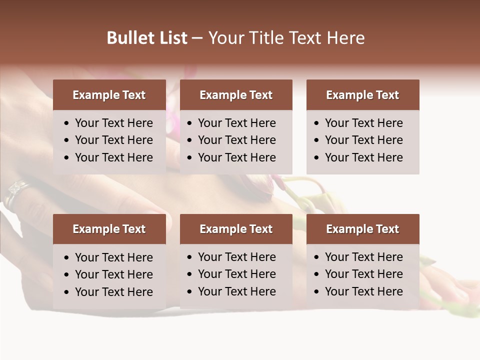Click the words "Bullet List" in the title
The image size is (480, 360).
tap(147, 38)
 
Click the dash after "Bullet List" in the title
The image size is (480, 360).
tap(197, 38)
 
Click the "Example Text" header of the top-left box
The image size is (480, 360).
tap(109, 95)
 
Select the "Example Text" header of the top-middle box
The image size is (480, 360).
tap(236, 95)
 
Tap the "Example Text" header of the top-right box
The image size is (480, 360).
tap(362, 95)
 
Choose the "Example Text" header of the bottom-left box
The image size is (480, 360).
tap(109, 229)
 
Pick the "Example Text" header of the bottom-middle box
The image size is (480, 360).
tap(236, 229)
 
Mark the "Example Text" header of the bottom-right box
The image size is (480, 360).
tap(362, 229)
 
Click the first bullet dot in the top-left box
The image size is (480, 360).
tap(67, 123)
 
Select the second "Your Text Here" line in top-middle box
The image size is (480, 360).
tap(236, 140)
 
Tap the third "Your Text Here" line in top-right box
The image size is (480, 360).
tap(363, 157)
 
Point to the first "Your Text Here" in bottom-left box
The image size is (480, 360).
tap(113, 257)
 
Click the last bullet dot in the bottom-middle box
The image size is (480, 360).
tap(190, 292)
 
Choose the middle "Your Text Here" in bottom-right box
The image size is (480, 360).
tap(363, 274)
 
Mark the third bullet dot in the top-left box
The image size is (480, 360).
tap(67, 158)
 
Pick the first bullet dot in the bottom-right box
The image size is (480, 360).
tap(317, 257)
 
